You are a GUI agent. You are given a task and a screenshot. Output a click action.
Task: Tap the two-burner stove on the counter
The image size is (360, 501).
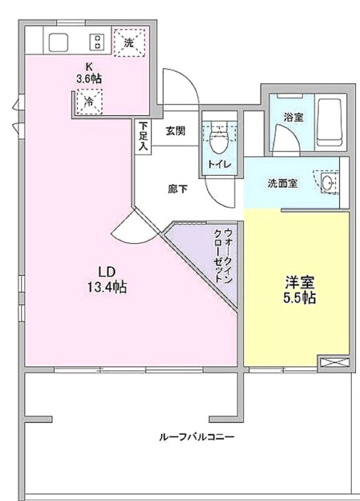tap(96, 42)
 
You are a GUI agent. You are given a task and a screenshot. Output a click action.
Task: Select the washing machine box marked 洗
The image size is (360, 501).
tap(130, 43)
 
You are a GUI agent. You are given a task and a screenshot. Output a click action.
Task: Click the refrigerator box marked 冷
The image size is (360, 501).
tap(90, 101)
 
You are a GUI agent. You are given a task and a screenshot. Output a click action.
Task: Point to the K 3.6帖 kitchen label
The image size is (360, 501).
tap(89, 73)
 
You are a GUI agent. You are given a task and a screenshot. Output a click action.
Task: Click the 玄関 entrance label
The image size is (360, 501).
tap(175, 131)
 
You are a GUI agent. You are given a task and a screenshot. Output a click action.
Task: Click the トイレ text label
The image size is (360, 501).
tap(220, 165)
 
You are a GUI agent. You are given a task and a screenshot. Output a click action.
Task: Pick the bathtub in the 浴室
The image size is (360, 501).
tap(331, 122)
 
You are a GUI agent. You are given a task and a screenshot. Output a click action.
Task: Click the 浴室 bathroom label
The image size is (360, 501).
tap(294, 117)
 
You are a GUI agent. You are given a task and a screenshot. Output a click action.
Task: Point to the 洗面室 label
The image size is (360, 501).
tap(282, 183)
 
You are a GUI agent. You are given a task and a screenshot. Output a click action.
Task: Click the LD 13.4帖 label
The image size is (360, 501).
tap(107, 280)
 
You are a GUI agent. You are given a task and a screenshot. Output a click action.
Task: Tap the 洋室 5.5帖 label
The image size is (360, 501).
tap(300, 290)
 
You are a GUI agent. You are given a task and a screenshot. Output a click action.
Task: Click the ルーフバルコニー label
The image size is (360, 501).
tap(197, 436)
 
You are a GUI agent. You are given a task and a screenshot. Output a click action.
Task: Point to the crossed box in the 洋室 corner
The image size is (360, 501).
tap(334, 363)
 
